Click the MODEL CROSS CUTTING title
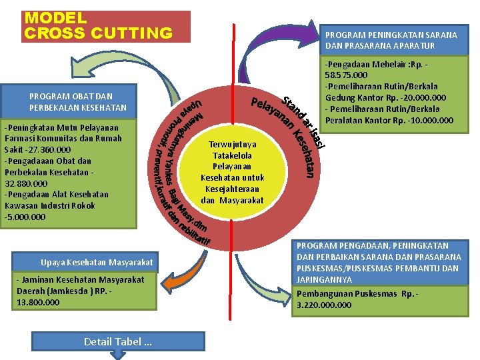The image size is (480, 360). pos(98,26)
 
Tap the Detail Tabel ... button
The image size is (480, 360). pos(117,341)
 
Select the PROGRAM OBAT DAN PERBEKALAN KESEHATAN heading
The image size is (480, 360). pos(78,102)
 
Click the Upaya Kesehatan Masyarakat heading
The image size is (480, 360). pos(97,262)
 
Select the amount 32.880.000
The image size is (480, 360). pos(27,183)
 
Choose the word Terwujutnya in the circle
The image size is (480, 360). pos(232,144)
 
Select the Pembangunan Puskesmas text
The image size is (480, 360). pos(339,294)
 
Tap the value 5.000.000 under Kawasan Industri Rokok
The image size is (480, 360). pos(26,217)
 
